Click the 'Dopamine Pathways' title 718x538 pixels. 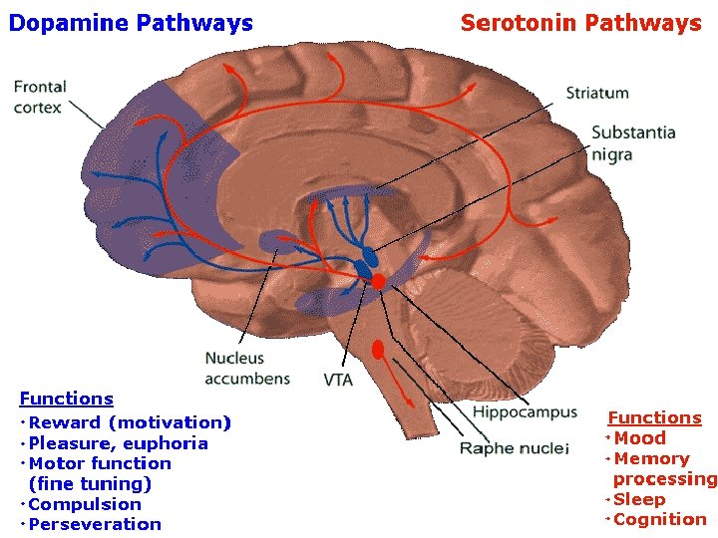coord(131,23)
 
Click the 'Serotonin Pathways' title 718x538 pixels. coord(581,23)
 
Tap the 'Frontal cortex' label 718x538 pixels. coord(40,97)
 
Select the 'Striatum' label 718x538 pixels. coord(597,93)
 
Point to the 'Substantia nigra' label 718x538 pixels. coord(633,143)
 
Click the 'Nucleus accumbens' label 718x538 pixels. coord(247,369)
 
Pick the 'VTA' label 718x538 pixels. coord(338,380)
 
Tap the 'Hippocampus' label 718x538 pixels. coord(525,412)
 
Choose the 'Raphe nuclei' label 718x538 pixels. coord(515,448)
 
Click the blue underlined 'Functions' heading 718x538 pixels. coord(67,399)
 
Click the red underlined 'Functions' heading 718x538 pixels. coord(655,417)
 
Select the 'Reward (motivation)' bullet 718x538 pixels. coord(130,422)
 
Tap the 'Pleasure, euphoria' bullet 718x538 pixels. coord(118,443)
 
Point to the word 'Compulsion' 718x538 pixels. coord(85,504)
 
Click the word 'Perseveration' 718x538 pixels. coord(95,524)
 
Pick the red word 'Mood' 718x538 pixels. coord(639,438)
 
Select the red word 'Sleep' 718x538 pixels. coord(639,499)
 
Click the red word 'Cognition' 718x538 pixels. coord(660,520)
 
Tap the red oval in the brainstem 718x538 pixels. coord(378,350)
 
